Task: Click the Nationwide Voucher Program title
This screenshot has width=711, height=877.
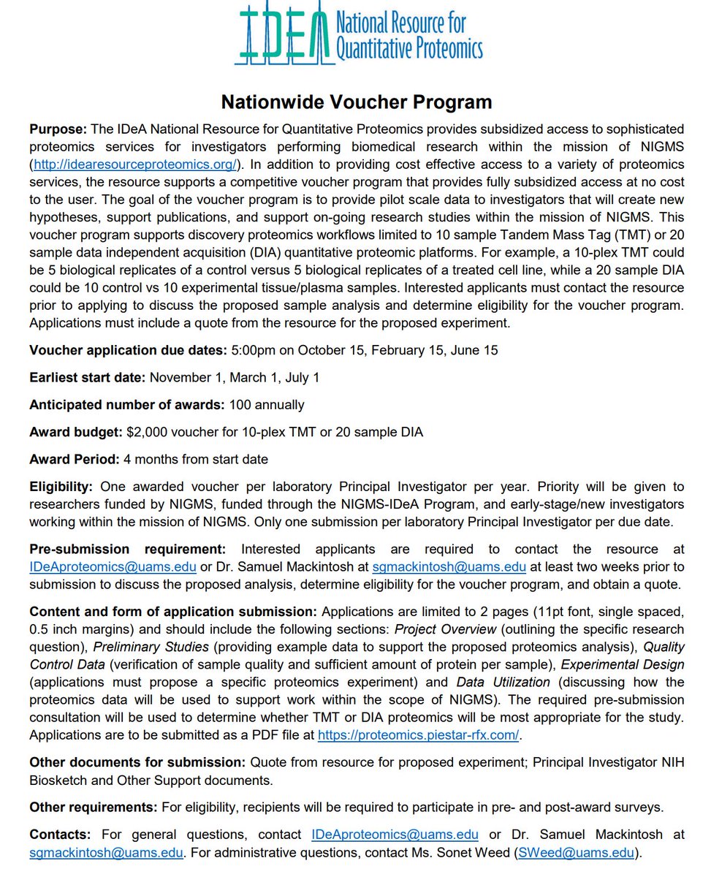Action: (356, 101)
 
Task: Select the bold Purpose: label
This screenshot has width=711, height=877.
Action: (58, 129)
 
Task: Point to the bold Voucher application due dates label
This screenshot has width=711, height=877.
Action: (128, 350)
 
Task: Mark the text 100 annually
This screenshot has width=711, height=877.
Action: (267, 405)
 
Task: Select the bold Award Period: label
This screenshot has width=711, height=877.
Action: (72, 460)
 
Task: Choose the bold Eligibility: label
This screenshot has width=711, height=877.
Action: (61, 487)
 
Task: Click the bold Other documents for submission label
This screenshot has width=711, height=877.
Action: (137, 762)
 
